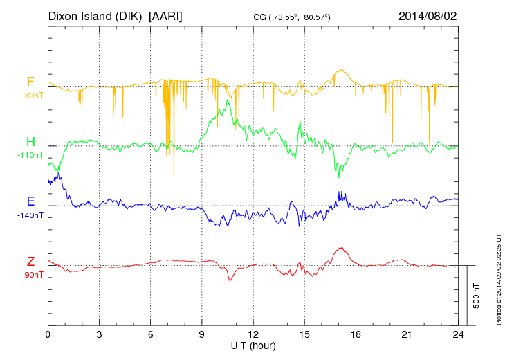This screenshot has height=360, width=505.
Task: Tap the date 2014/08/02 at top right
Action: click(428, 15)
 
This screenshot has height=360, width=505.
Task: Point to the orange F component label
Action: click(30, 82)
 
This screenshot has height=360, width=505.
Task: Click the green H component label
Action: click(30, 142)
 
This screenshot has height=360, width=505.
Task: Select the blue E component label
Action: click(30, 201)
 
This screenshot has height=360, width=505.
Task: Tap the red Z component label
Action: click(30, 261)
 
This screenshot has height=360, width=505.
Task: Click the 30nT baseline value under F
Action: click(30, 95)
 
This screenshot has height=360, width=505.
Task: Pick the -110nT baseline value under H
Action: click(30, 155)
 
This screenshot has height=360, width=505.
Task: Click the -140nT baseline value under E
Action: click(30, 215)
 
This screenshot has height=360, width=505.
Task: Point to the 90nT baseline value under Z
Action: click(30, 274)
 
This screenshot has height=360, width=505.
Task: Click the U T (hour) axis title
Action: click(252, 345)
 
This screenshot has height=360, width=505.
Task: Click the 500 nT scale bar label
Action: click(477, 296)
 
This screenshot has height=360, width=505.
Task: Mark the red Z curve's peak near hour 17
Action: click(341, 247)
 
